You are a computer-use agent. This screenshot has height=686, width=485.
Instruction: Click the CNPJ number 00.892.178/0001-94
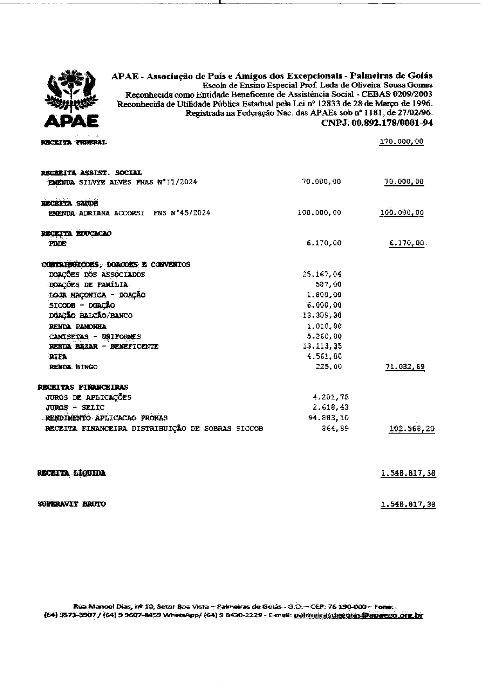click(377, 123)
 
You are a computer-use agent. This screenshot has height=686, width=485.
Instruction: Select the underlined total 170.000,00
click(401, 142)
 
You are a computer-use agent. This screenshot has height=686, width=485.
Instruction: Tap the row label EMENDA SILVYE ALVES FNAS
click(122, 182)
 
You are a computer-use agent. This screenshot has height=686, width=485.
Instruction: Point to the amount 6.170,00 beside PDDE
click(324, 243)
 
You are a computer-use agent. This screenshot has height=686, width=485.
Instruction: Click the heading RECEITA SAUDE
click(70, 203)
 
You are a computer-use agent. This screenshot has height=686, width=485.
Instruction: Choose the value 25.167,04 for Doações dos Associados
click(322, 274)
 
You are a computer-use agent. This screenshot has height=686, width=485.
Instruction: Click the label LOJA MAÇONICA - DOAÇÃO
click(97, 295)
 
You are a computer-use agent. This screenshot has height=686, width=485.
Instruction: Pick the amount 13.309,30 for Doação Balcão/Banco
click(322, 315)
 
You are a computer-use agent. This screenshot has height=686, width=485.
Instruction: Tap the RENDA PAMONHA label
click(77, 326)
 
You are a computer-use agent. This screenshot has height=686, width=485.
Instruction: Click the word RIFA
click(58, 356)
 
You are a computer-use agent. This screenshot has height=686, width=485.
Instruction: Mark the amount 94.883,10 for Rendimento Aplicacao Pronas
click(329, 418)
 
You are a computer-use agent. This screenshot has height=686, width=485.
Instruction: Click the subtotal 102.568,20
click(411, 429)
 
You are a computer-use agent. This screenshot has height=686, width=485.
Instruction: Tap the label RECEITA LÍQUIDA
click(72, 473)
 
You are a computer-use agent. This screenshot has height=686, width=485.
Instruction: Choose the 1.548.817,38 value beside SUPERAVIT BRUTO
click(408, 505)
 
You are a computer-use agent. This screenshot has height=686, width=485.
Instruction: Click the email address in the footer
click(358, 616)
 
